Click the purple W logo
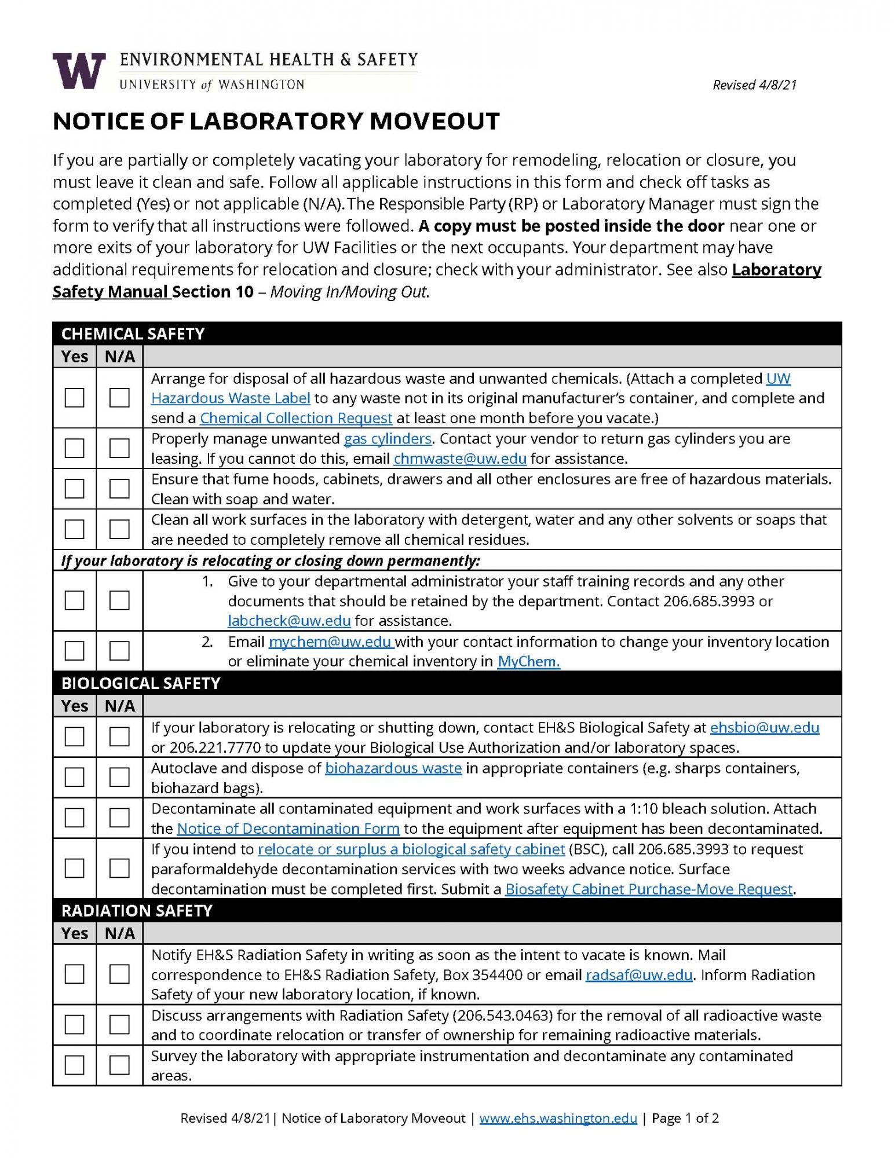click(79, 71)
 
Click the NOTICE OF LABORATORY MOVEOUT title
click(276, 122)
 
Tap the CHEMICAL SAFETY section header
click(133, 334)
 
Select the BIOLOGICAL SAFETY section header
click(141, 683)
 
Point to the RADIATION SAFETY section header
click(137, 911)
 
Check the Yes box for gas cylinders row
click(74, 448)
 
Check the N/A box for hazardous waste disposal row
click(119, 398)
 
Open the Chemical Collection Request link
click(296, 418)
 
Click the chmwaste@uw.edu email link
click(460, 459)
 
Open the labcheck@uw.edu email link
click(289, 621)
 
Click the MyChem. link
click(528, 661)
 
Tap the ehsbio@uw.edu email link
click(764, 727)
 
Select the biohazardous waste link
click(393, 768)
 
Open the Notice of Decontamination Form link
click(288, 829)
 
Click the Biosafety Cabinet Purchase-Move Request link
click(648, 889)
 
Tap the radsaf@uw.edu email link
click(639, 975)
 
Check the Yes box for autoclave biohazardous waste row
click(74, 777)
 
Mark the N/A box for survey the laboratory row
click(119, 1065)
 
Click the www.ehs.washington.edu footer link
click(558, 1118)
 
